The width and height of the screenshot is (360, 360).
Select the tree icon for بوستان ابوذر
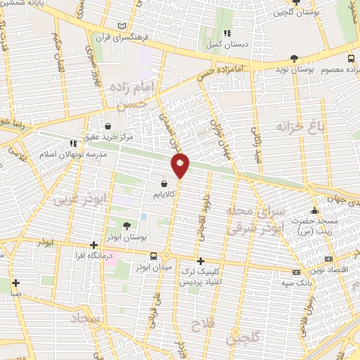pyautogui.click(x=127, y=226)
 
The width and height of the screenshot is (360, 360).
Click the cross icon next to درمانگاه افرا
pyautogui.click(x=94, y=245)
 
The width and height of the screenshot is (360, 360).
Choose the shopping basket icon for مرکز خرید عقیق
pyautogui.click(x=107, y=127)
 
